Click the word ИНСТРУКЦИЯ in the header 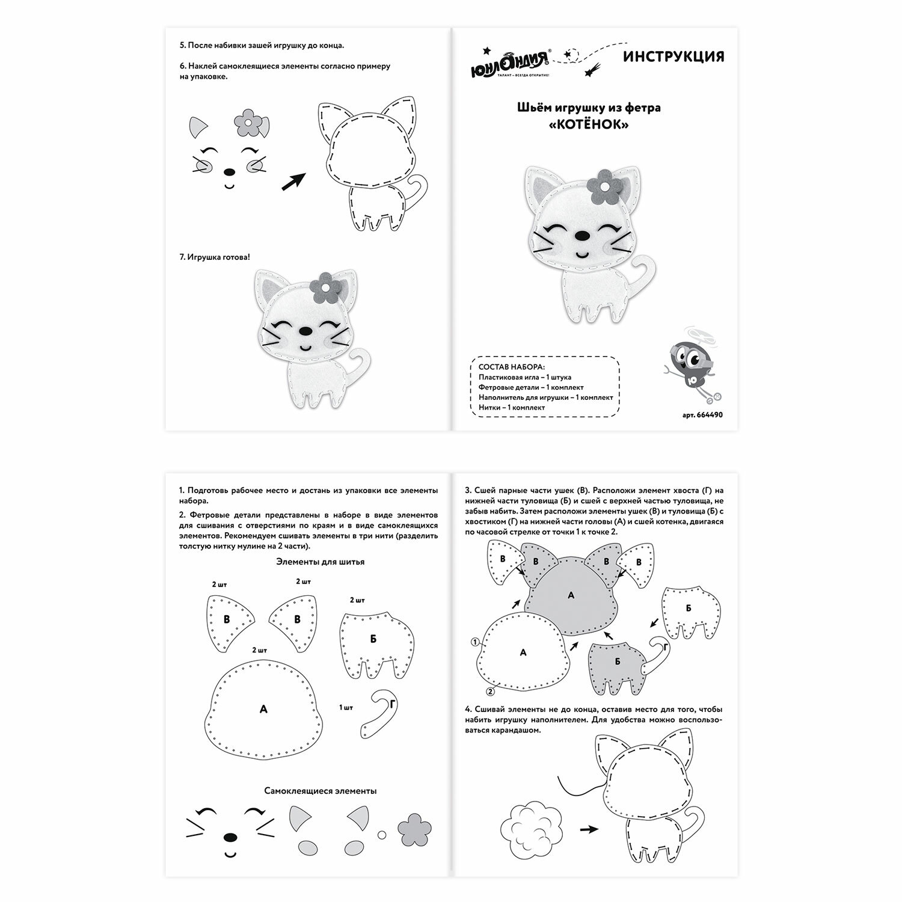coord(673,57)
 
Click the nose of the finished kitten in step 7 coord(305,331)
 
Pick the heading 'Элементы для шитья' coord(320,562)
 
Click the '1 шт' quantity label coord(346,708)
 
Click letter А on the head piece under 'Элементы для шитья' coord(263,710)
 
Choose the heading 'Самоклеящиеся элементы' coord(321,791)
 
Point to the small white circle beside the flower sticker coord(381,835)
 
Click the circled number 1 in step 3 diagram coord(475,642)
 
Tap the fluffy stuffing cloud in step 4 coord(529,828)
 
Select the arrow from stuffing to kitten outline coord(589,829)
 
